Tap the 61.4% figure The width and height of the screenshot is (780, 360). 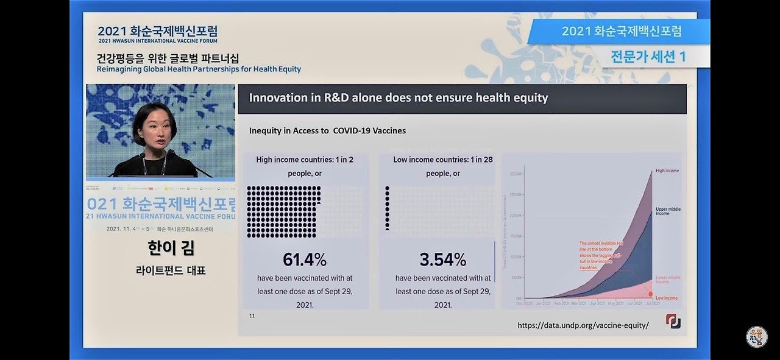305,259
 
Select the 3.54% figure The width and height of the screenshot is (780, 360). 442,259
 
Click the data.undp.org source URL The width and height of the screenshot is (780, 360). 583,325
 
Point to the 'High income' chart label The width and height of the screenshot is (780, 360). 667,171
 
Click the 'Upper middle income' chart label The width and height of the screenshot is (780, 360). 668,211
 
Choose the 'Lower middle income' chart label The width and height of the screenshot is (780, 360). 668,280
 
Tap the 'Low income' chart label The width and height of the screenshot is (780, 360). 667,298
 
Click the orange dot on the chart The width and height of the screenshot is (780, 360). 650,294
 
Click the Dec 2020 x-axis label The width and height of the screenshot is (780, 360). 525,303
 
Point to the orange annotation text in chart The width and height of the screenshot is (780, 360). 601,255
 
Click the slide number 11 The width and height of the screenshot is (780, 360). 252,316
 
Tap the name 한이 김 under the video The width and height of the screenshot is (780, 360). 171,248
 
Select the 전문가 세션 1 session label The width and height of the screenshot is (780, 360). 648,57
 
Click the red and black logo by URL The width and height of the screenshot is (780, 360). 673,321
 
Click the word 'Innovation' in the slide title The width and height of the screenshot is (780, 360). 278,97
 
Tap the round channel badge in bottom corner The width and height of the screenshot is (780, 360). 756,337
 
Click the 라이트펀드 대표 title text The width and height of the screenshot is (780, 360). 171,270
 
